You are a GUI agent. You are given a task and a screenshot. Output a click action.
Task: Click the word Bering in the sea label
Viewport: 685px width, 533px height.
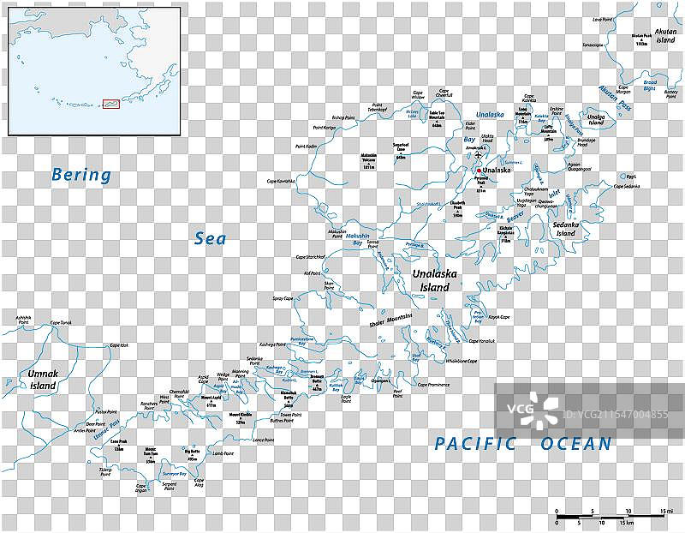tap(81, 175)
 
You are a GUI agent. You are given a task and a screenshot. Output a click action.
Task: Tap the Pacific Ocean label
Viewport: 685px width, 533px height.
tap(522, 443)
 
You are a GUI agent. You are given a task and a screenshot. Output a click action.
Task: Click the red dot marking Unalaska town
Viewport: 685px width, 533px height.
tap(479, 171)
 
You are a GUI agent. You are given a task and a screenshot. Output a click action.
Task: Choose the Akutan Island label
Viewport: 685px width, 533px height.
tap(665, 35)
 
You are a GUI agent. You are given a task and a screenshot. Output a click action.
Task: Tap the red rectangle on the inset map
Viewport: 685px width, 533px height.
tap(110, 105)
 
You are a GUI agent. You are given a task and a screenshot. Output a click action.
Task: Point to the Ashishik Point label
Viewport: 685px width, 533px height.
tap(17, 318)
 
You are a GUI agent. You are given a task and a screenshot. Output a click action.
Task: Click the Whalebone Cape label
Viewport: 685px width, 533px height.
tap(461, 361)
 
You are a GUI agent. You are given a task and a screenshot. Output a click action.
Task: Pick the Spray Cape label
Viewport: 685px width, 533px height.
tap(283, 298)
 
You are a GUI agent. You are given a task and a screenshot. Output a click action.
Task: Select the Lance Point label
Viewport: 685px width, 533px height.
tap(263, 440)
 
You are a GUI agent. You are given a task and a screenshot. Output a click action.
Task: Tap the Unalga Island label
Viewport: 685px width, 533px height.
tap(595, 118)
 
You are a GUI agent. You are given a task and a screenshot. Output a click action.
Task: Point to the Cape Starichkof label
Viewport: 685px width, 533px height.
tap(311, 256)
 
